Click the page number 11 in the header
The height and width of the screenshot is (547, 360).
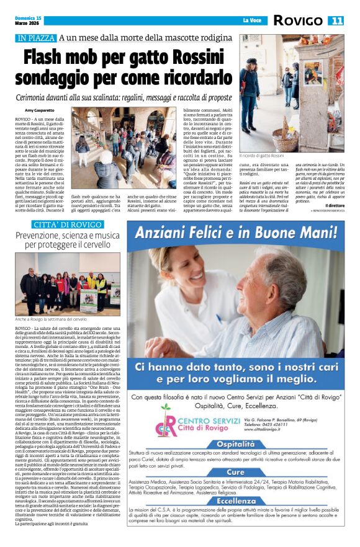point(337,21)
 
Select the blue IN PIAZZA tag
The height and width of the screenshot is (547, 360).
point(37,38)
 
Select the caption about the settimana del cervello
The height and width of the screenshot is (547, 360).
point(56,319)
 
